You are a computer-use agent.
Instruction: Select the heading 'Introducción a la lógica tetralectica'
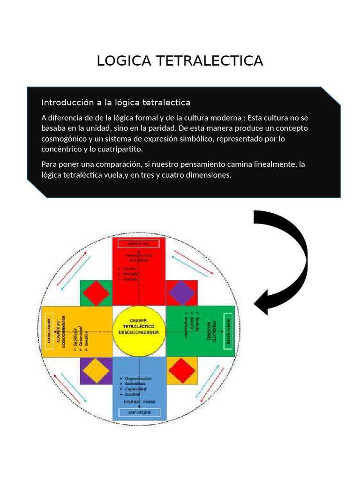point(116,102)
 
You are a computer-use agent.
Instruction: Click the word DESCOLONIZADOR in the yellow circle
point(140,332)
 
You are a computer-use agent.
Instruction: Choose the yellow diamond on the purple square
point(96,370)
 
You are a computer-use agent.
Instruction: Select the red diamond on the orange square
point(182,370)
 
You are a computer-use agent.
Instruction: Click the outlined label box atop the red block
point(139,244)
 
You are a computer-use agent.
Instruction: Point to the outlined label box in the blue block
point(139,412)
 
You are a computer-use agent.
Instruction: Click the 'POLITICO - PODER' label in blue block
point(139,402)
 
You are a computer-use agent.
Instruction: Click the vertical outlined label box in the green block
point(228,331)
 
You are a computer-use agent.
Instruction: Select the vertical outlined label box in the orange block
point(50,331)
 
